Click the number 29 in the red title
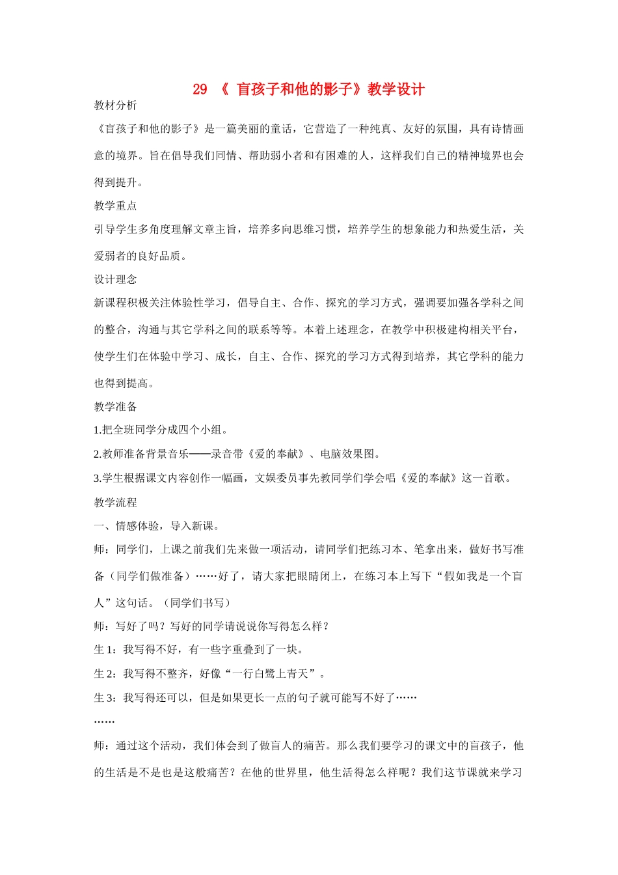click(200, 89)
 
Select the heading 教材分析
click(115, 105)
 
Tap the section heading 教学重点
click(115, 206)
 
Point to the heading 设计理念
click(115, 279)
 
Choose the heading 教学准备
click(115, 407)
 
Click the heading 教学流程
click(115, 503)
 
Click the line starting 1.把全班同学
click(161, 430)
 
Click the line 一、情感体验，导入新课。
click(159, 526)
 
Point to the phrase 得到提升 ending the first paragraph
click(116, 183)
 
